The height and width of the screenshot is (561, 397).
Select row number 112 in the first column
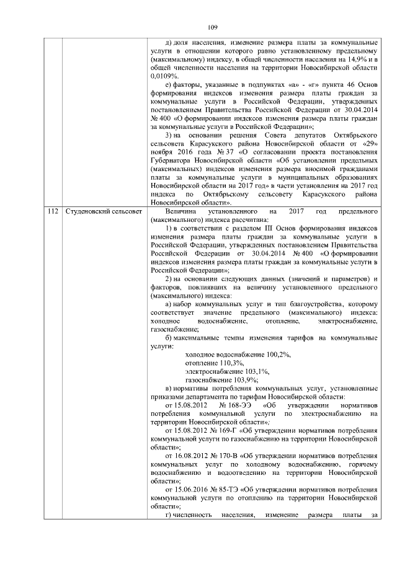[53, 212]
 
